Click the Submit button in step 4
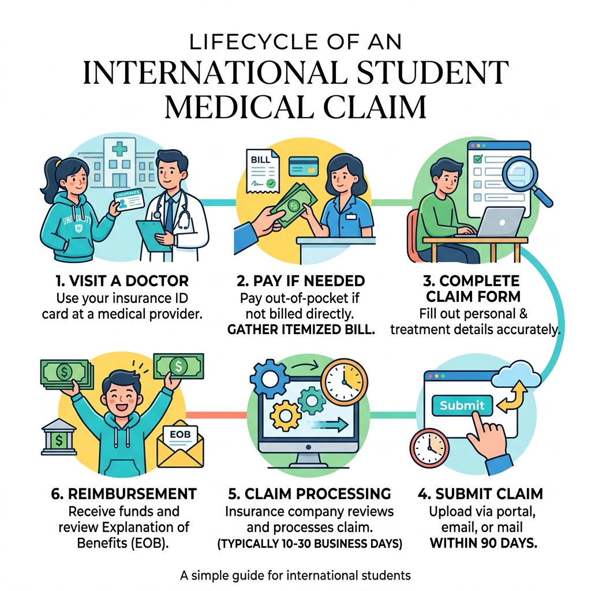(x=462, y=405)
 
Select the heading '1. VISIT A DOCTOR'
(x=122, y=281)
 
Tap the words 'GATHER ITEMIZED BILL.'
(x=301, y=330)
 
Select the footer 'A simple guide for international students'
(x=295, y=575)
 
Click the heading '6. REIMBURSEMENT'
(x=124, y=494)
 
